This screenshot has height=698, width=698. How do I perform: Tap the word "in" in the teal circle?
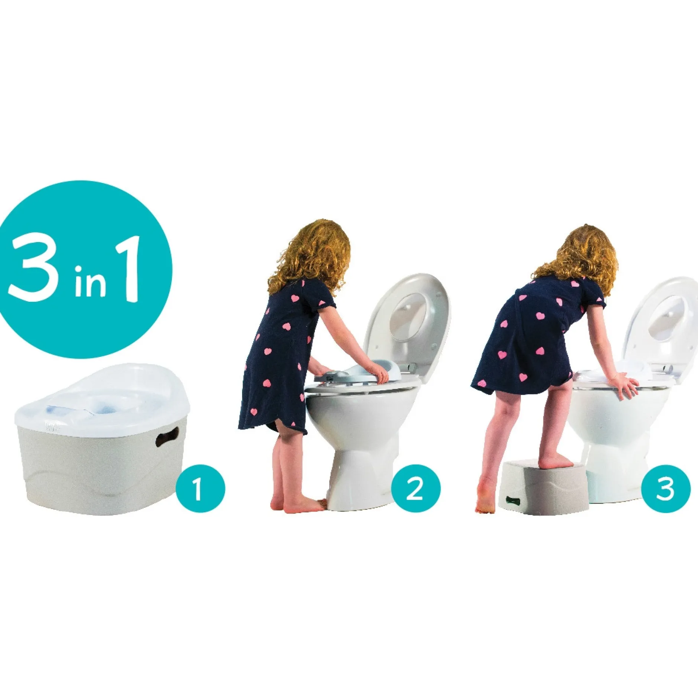90,281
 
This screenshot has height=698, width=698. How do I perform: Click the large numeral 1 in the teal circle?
127,269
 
